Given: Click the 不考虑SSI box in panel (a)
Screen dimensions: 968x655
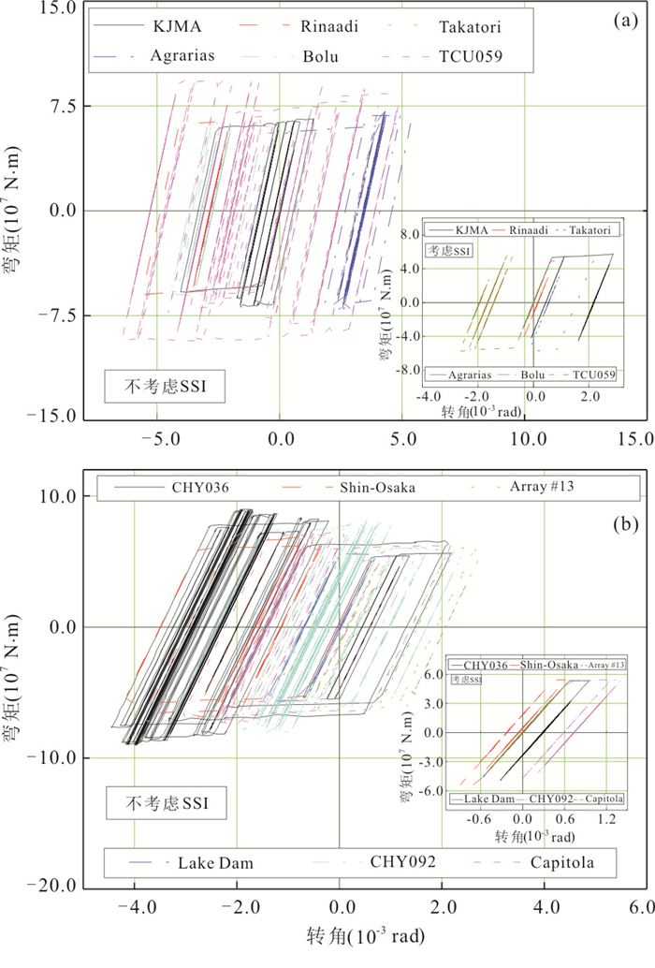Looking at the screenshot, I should (165, 385).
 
